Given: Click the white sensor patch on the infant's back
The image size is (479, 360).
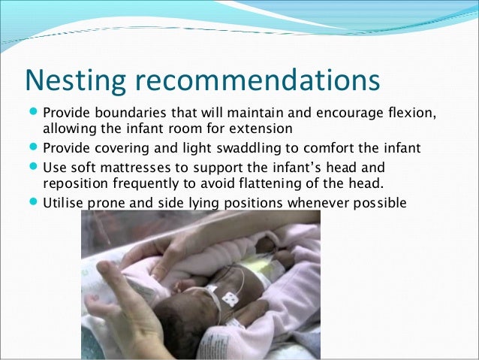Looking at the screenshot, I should tap(230, 297).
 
